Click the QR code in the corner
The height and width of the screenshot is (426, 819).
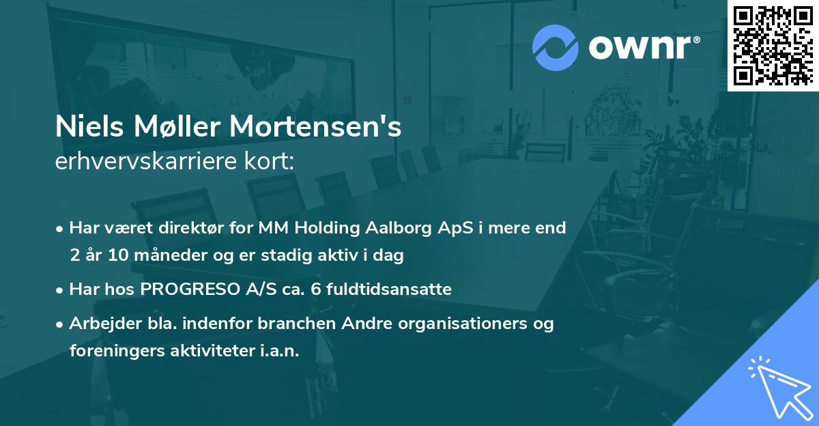(773, 46)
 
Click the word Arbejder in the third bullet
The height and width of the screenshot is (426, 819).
(99, 324)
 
